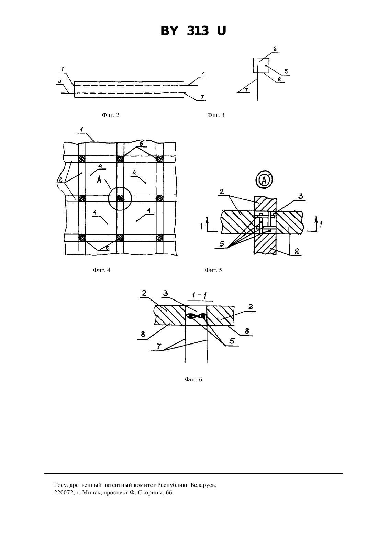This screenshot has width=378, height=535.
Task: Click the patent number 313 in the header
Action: tap(198, 31)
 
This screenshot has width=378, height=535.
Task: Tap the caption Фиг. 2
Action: tap(111, 115)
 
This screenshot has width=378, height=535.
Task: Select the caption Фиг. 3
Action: tap(216, 115)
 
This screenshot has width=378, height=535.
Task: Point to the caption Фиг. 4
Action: tap(101, 270)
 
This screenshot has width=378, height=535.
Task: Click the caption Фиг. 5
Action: tap(213, 270)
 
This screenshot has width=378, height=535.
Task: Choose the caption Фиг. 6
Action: tap(193, 380)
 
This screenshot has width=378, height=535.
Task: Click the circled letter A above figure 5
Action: tap(264, 180)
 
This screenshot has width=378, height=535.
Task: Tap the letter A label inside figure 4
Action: tap(99, 179)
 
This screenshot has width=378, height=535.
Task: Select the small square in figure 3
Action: tap(261, 65)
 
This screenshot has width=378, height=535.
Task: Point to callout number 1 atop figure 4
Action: tap(82, 130)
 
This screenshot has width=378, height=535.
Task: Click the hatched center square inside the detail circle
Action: tap(120, 198)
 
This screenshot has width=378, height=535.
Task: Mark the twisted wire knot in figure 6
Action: tap(196, 316)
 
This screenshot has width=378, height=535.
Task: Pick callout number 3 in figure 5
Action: tap(301, 196)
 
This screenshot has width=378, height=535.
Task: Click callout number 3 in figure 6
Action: tap(166, 293)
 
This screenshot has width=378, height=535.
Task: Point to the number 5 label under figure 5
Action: tap(222, 244)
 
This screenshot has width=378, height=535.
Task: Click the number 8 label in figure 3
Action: tap(279, 79)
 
